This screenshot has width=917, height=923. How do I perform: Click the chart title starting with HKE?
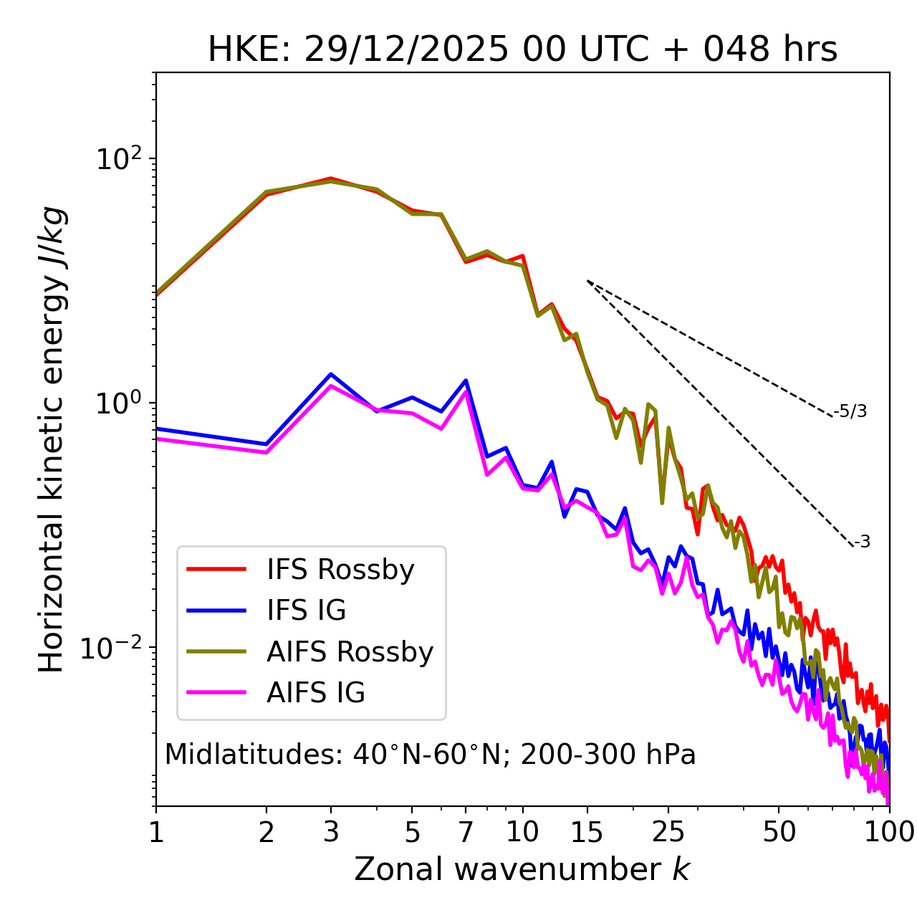522,49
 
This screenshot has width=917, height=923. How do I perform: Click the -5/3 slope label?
850,411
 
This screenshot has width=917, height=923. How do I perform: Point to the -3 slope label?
863,542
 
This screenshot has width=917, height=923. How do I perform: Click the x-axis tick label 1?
156,832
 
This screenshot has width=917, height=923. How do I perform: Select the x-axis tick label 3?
331,832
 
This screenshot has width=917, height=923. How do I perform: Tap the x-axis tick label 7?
466,832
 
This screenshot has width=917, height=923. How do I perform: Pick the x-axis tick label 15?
587,832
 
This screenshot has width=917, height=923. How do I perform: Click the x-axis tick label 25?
668,832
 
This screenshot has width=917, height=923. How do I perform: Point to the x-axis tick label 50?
779,832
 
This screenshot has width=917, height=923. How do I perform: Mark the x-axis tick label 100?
889,832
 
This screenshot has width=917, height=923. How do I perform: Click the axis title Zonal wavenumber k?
522,869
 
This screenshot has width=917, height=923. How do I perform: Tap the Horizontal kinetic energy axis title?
52,439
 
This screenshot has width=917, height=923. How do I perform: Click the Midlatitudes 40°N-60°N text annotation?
430,755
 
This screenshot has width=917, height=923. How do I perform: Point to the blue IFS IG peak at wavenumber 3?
331,374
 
